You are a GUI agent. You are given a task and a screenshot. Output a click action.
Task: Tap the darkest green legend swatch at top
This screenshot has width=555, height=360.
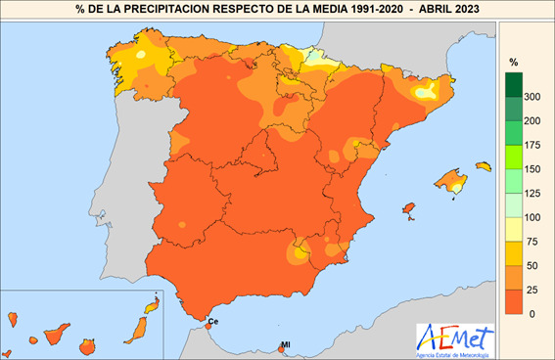(x=513, y=83)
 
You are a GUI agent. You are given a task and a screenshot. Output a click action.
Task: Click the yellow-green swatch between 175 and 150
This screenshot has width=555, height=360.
(x=513, y=156)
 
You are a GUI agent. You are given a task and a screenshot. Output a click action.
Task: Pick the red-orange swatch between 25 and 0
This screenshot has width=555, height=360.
(x=513, y=301)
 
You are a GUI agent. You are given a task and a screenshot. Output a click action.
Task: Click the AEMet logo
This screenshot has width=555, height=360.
(x=454, y=339)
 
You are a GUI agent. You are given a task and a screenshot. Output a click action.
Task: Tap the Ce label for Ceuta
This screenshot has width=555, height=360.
(x=213, y=321)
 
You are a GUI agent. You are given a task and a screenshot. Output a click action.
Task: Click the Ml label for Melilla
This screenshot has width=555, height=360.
(x=286, y=343)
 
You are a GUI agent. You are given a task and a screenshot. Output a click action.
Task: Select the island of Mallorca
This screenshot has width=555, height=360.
(x=450, y=180)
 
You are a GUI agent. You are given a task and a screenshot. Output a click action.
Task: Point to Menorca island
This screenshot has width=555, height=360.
(x=482, y=166)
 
